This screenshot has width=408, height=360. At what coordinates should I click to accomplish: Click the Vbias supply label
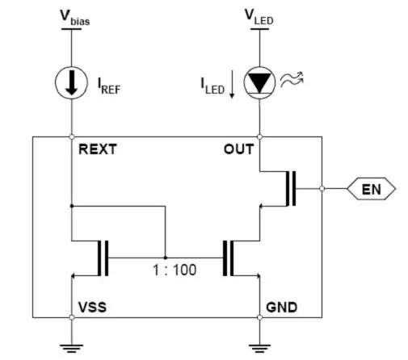click(75, 18)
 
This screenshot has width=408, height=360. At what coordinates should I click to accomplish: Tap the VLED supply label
click(259, 17)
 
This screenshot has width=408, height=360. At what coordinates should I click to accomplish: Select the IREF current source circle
click(71, 83)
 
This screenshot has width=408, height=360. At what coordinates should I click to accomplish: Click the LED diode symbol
click(259, 82)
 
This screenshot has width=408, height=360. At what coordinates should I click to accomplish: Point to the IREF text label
click(109, 86)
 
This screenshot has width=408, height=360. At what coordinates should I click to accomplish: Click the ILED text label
click(212, 86)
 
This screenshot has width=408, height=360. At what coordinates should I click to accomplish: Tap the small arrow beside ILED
click(232, 84)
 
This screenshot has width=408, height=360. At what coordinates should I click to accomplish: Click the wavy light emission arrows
click(292, 79)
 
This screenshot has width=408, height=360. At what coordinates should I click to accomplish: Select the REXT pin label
click(98, 149)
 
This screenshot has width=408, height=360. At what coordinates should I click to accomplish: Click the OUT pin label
click(238, 149)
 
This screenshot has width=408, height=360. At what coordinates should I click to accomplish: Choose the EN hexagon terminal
click(372, 189)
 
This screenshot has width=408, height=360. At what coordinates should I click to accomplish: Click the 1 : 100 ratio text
click(175, 270)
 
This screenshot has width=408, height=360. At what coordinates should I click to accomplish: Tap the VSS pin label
click(92, 307)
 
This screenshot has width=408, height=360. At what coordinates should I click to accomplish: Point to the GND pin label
click(282, 307)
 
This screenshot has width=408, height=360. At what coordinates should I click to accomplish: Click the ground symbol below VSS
click(71, 348)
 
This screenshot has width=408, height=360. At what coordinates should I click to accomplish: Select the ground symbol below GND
click(259, 348)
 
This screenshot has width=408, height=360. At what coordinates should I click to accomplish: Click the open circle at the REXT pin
click(72, 137)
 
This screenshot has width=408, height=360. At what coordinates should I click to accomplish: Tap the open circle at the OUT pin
click(259, 137)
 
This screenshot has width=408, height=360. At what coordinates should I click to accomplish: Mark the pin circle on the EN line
click(322, 189)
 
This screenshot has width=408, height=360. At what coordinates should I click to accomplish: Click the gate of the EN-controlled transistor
click(294, 189)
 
